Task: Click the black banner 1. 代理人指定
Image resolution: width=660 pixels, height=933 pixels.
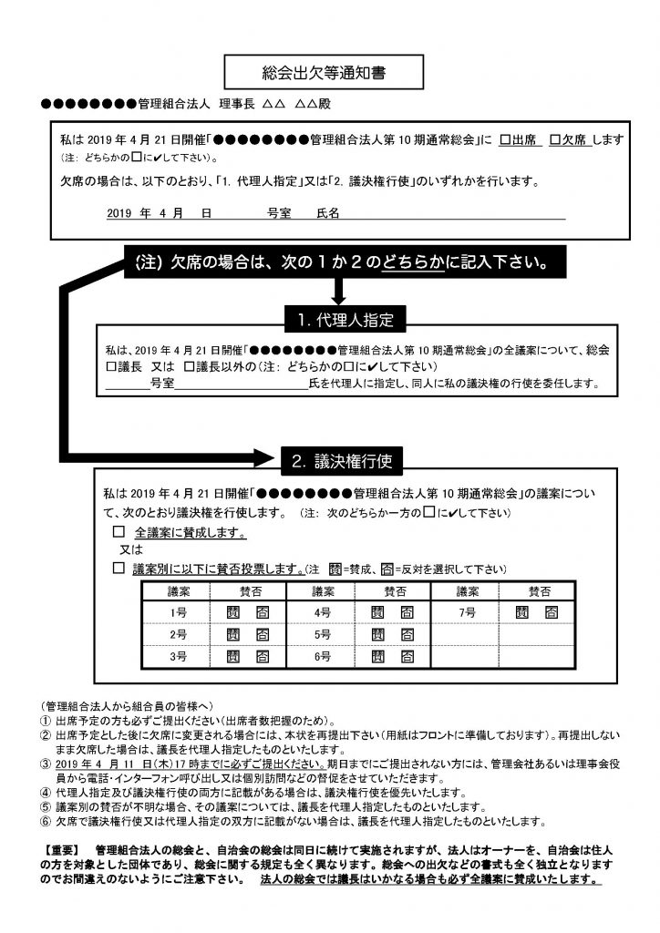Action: [x=338, y=320]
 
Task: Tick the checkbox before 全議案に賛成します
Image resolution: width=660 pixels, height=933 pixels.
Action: [x=118, y=531]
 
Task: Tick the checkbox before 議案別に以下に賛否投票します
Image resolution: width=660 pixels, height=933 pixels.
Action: [x=118, y=568]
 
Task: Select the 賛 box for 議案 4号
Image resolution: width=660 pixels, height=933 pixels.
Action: [x=376, y=613]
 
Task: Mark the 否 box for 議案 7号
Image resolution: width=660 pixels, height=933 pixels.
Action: [x=551, y=613]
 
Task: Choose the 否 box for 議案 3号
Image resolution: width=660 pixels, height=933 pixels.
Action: [x=263, y=655]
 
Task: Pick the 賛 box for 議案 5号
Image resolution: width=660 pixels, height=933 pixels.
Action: [x=376, y=634]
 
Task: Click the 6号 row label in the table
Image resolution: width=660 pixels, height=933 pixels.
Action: [x=322, y=655]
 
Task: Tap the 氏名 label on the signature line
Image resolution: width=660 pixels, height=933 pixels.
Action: [x=327, y=212]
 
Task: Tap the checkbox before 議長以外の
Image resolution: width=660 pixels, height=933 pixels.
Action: [x=189, y=366]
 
